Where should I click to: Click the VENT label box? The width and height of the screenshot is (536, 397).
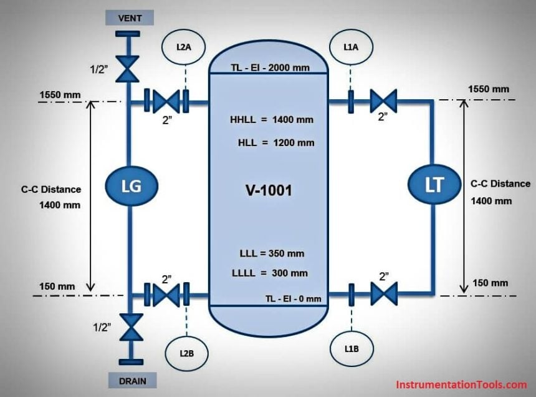(x=130, y=18)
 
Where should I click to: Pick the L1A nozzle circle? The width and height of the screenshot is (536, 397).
(x=350, y=47)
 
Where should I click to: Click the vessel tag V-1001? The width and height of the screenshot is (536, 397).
(x=267, y=190)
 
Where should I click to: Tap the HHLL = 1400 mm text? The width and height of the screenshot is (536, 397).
(x=271, y=119)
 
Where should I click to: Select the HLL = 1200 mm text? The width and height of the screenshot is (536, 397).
(x=276, y=142)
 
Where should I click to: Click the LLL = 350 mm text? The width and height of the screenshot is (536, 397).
(x=272, y=254)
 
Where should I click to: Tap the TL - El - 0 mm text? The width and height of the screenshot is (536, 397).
(x=292, y=299)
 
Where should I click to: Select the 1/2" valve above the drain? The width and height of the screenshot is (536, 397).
(x=130, y=328)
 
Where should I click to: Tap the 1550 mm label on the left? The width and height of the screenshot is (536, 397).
(x=60, y=95)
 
